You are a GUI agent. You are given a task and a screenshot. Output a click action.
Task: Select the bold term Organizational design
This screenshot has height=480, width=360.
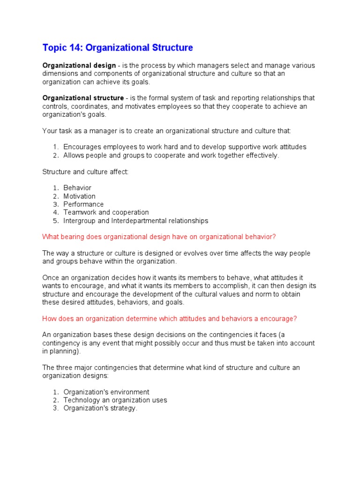pyautogui.click(x=79, y=66)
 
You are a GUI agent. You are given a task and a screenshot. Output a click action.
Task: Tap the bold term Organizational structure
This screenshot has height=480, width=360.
pyautogui.click(x=83, y=98)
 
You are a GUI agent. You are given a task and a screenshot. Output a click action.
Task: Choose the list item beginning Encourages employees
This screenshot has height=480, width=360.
pyautogui.click(x=185, y=147)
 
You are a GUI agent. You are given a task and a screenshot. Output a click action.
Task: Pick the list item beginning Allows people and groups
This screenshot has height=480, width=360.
pyautogui.click(x=171, y=155)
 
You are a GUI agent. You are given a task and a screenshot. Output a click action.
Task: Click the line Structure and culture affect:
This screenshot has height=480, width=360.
pyautogui.click(x=85, y=172)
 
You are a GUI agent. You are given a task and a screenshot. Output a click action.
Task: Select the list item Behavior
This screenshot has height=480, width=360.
pyautogui.click(x=77, y=188)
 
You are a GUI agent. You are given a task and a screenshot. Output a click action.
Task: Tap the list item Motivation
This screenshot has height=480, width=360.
pyautogui.click(x=79, y=196)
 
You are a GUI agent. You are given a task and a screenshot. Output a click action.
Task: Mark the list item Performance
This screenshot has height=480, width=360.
pyautogui.click(x=83, y=204)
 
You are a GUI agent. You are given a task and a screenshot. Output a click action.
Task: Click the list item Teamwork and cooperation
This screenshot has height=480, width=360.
pyautogui.click(x=106, y=212)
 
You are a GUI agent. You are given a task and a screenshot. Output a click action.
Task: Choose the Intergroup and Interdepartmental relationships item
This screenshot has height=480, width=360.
pyautogui.click(x=135, y=221)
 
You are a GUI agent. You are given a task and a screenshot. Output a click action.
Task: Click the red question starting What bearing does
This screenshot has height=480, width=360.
pyautogui.click(x=162, y=237)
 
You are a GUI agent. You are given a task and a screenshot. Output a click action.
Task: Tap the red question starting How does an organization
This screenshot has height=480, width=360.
pyautogui.click(x=169, y=319)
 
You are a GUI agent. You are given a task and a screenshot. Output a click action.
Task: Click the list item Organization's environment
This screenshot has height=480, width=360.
pyautogui.click(x=106, y=392)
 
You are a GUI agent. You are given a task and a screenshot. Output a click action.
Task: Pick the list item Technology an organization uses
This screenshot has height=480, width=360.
pyautogui.click(x=115, y=400)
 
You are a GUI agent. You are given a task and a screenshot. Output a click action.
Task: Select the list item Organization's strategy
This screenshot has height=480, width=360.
pyautogui.click(x=100, y=408)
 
